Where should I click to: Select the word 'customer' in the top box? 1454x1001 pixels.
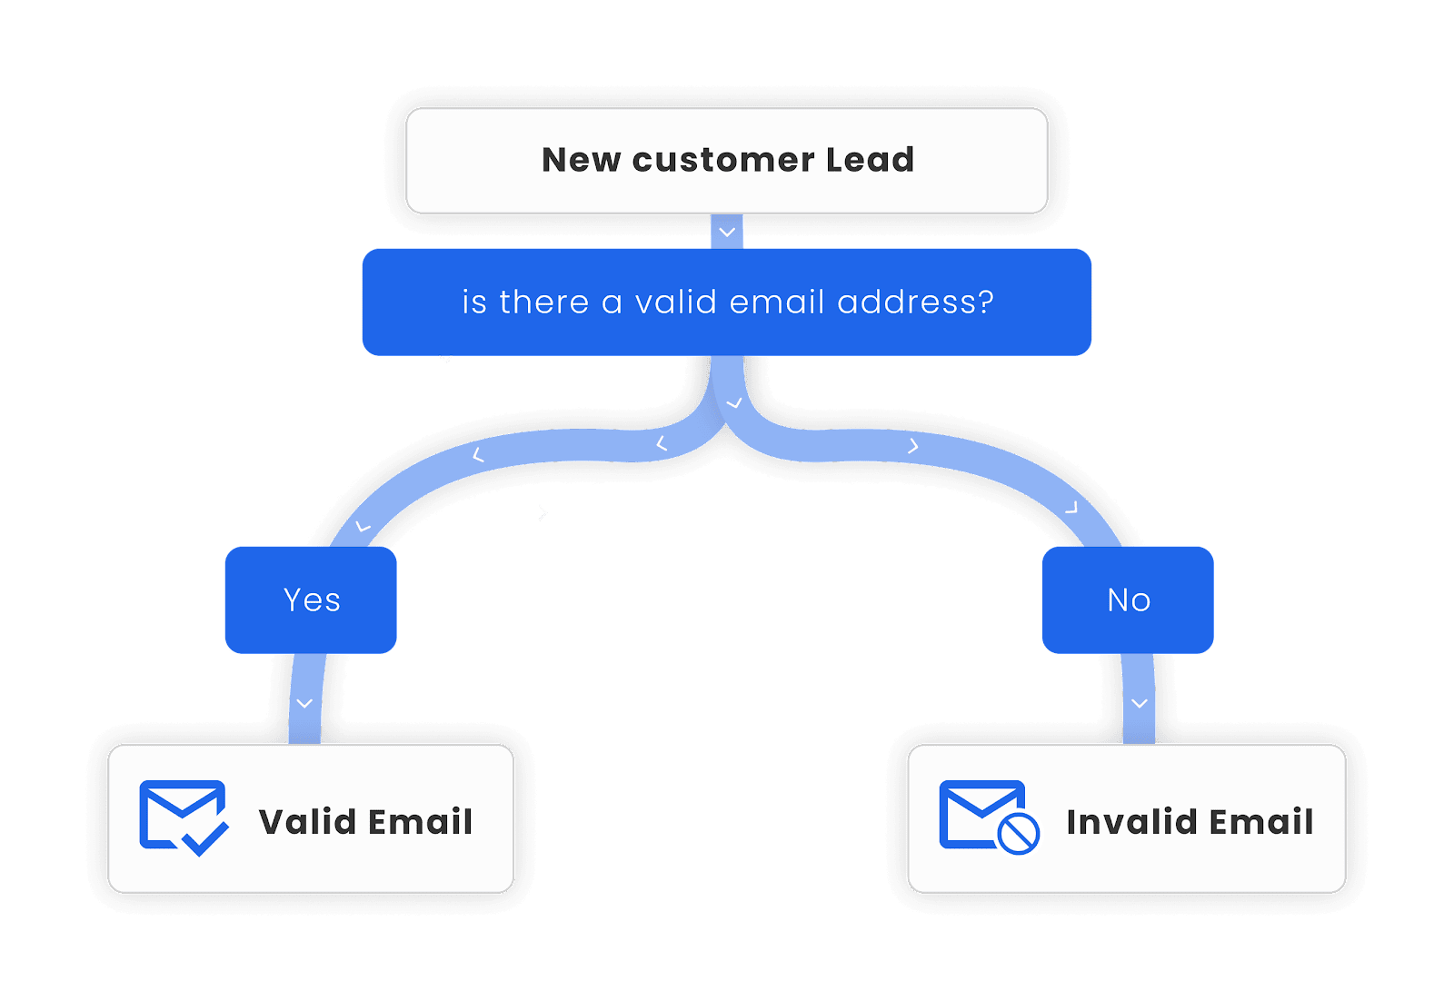[723, 160]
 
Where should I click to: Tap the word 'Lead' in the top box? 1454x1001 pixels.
[870, 160]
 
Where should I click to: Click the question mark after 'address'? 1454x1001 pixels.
[987, 302]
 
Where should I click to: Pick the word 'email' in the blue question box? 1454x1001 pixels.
[776, 302]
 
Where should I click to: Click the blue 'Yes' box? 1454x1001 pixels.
[311, 600]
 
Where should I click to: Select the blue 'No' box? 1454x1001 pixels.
[1128, 600]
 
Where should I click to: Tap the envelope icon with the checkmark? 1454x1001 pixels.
[183, 817]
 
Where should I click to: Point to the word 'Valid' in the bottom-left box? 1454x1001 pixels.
[307, 822]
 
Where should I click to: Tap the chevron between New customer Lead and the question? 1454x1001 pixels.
[727, 233]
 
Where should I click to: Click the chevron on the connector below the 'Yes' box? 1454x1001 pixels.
[304, 703]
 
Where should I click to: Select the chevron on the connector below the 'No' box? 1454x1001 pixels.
[1140, 703]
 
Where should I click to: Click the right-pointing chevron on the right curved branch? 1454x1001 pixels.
[913, 446]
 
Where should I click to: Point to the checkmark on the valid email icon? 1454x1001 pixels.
[205, 838]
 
